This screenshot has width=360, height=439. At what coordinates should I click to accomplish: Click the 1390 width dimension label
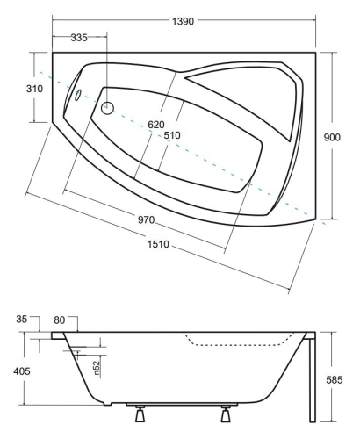tap(183, 21)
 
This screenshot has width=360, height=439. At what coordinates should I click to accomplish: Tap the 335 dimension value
tap(79, 38)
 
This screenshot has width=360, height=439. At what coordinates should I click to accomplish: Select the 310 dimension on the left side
tap(34, 89)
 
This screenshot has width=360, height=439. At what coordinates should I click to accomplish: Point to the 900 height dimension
tap(332, 137)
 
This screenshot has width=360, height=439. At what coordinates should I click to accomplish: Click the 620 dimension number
tap(156, 125)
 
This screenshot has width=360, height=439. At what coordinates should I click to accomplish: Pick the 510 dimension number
tap(172, 135)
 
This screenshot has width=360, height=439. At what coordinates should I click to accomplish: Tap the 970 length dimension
tap(147, 219)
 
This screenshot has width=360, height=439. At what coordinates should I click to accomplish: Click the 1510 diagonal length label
tap(158, 244)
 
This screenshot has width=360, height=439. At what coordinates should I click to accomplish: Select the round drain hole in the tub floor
tap(107, 108)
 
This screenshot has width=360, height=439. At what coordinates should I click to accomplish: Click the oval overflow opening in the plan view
tap(78, 95)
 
